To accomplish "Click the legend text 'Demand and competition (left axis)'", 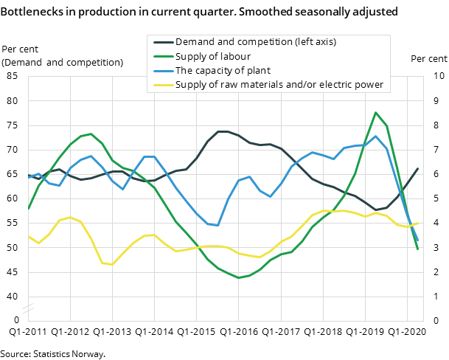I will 255,42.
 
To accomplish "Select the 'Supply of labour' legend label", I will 212,57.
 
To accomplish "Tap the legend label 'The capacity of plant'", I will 223,71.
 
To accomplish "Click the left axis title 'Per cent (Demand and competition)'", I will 62,55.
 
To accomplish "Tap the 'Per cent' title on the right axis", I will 428,59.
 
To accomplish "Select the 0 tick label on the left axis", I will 16,320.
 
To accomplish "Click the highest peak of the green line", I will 376,113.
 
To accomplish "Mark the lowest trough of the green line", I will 238,278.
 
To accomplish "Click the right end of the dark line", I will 418,169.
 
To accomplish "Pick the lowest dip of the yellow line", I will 112,264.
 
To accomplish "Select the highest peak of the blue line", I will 376,136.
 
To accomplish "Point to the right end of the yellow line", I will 418,223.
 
